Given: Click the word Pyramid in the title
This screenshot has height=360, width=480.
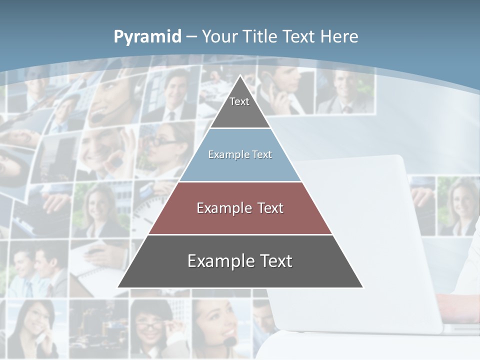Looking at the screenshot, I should tap(147, 37).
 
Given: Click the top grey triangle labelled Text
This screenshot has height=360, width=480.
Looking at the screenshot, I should tap(240, 107).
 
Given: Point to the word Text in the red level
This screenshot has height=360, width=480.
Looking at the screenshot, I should tap(271, 208).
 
